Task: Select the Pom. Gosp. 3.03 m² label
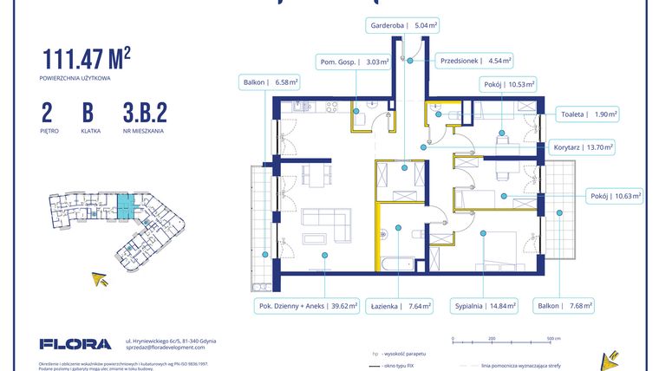tap(352, 62)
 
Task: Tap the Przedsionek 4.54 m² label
tap(474, 62)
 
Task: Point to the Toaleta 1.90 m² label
tap(586, 113)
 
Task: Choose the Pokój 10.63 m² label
tap(613, 196)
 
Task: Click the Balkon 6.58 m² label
tap(269, 83)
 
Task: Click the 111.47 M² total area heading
tap(87, 59)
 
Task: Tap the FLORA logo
tap(75, 344)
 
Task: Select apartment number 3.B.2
tap(144, 113)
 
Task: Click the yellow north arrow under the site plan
tap(101, 279)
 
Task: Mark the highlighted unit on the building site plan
tap(127, 205)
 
